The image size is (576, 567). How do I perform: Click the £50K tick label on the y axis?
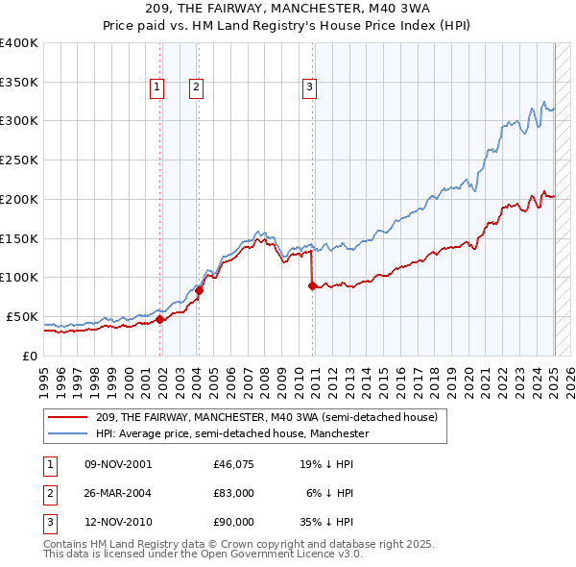(22, 316)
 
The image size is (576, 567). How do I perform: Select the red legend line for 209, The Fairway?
(67, 417)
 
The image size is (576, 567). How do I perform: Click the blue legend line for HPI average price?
(67, 433)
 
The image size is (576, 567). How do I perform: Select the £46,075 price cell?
(233, 464)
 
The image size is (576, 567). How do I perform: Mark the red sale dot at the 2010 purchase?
(313, 284)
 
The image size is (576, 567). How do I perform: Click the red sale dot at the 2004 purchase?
(200, 289)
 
